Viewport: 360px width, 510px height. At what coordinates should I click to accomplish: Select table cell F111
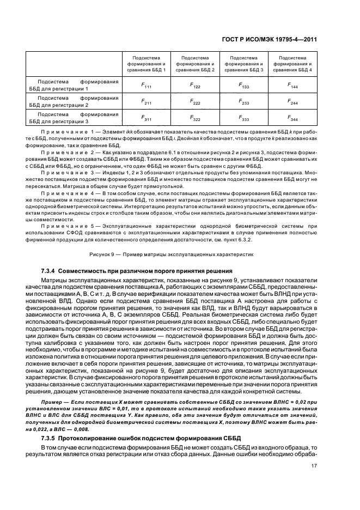[x=147, y=85]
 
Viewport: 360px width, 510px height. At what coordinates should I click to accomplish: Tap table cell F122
[x=195, y=85]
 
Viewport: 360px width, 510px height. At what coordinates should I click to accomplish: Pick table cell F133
[x=243, y=85]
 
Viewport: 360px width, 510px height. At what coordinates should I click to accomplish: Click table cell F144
[x=292, y=85]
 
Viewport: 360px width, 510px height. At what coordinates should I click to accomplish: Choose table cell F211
[x=147, y=101]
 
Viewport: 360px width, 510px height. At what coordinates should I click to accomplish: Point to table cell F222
[x=195, y=101]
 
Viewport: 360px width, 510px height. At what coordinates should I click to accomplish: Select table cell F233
[x=243, y=101]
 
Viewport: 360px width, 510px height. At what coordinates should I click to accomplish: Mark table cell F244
[x=292, y=101]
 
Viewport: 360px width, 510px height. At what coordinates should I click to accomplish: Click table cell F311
[x=147, y=117]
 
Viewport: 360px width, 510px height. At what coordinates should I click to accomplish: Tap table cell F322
[x=195, y=117]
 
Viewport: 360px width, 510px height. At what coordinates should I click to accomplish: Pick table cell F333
[x=243, y=117]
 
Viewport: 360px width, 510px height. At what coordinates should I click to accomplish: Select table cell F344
[x=292, y=117]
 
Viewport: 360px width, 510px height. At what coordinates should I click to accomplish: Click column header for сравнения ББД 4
[x=292, y=64]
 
